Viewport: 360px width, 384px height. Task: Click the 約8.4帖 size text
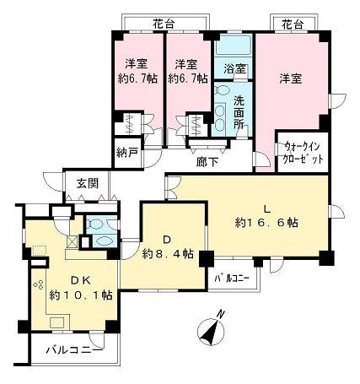pyautogui.click(x=168, y=254)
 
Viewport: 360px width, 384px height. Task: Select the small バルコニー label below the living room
pyautogui.click(x=230, y=278)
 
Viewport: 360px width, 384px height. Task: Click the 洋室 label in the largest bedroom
pyautogui.click(x=291, y=78)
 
